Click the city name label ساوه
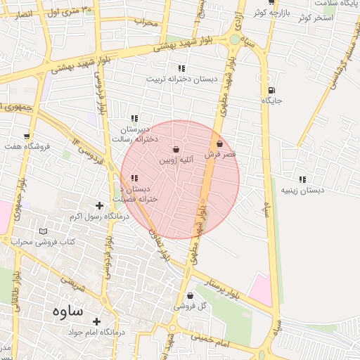tap(67, 311)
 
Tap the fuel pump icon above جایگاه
tap(271, 90)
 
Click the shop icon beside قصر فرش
tap(220, 143)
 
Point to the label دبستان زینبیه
tap(302, 191)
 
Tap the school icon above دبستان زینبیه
tap(302, 179)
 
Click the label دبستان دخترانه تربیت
tap(179, 79)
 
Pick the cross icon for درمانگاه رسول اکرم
tap(99, 206)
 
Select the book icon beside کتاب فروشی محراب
tap(44, 231)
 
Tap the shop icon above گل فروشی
tap(191, 296)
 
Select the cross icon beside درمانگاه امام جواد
tap(96, 321)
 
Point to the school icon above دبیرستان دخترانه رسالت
tap(134, 118)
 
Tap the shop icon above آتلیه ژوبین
tap(176, 150)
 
